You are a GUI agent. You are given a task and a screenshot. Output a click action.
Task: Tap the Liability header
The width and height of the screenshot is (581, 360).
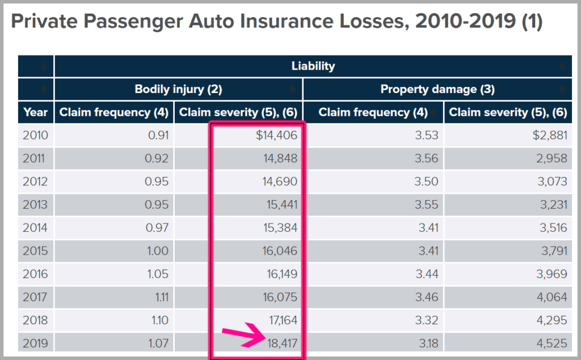click(x=313, y=66)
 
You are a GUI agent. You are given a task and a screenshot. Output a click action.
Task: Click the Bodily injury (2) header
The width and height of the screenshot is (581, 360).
click(x=178, y=89)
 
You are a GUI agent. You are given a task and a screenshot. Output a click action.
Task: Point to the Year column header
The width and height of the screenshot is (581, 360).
click(x=36, y=112)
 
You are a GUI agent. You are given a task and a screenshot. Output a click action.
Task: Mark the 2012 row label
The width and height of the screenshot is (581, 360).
click(x=35, y=181)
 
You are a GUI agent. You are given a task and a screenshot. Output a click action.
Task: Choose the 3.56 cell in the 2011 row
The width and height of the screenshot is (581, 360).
click(x=425, y=159)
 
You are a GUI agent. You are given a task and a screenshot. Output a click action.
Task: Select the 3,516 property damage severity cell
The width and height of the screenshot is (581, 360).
click(x=550, y=228)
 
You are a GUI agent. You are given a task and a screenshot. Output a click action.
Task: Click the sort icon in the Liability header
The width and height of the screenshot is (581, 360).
click(x=563, y=66)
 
